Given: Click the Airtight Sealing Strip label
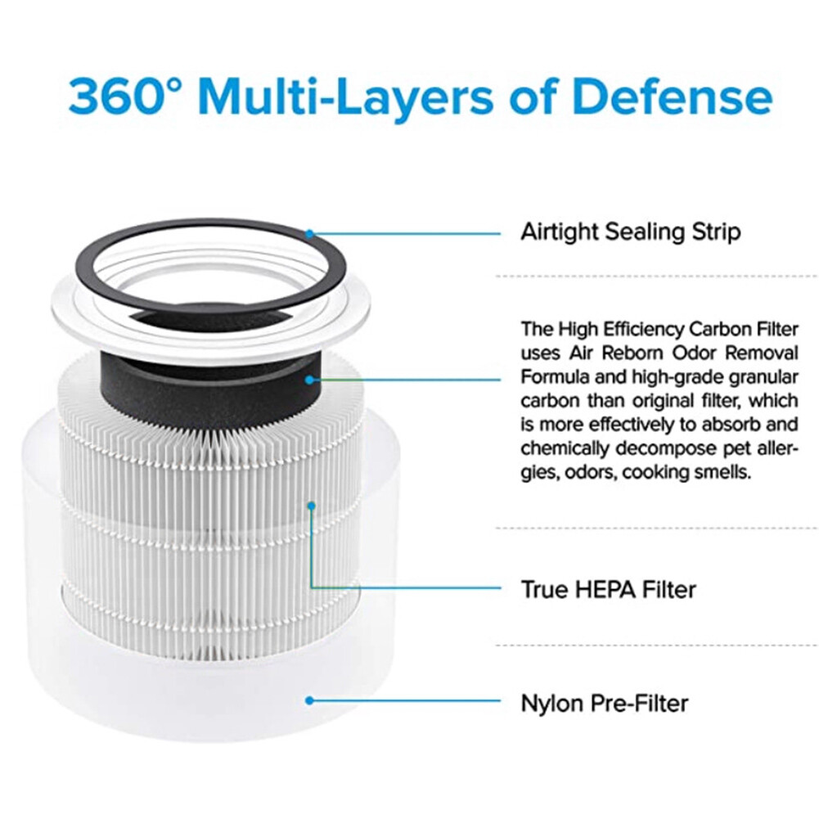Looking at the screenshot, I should tap(630, 232).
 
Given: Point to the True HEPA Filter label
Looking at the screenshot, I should tap(608, 589).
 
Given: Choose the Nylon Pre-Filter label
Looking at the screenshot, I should tap(605, 702).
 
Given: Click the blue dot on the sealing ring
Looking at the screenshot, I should tap(309, 233).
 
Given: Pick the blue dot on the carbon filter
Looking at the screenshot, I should tap(309, 380).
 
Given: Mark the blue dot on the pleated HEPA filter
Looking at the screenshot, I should tap(311, 506).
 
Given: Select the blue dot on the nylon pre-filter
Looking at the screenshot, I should tap(309, 700).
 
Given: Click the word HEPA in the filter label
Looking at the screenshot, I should tap(596, 589).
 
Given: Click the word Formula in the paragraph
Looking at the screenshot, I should tap(553, 377).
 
